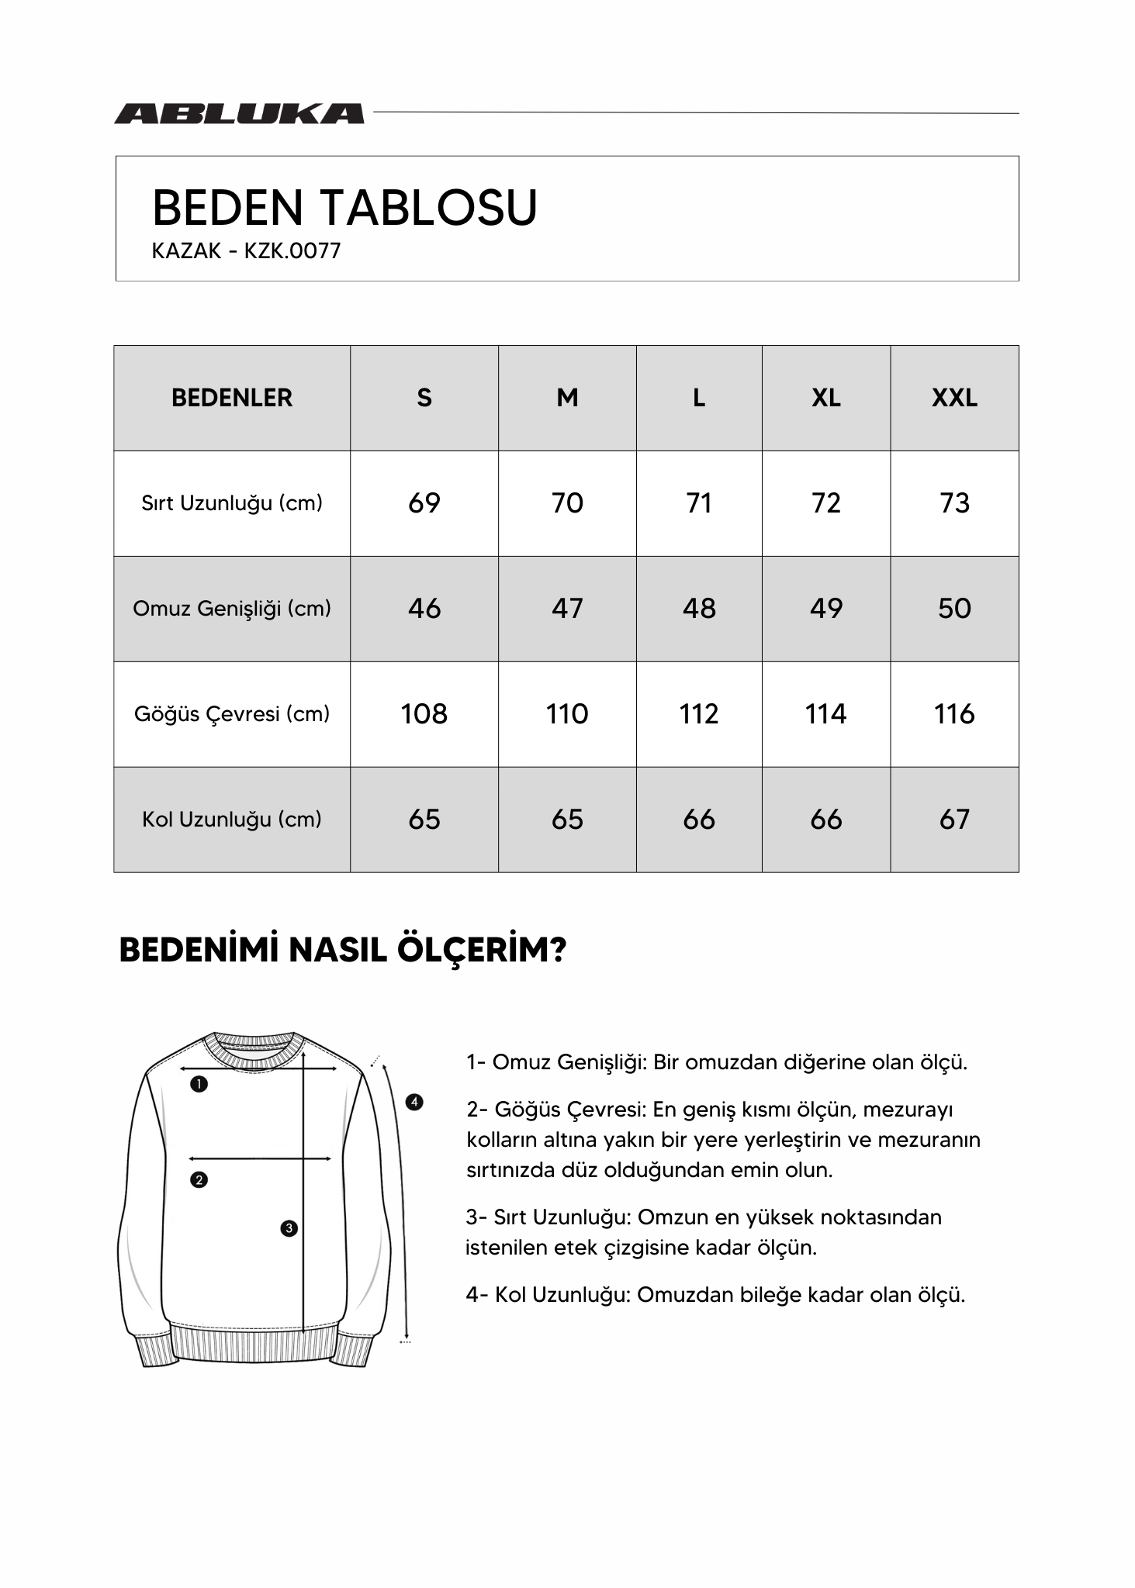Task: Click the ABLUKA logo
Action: coord(239,114)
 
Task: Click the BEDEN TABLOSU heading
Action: coord(344,208)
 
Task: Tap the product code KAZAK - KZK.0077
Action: coord(246,251)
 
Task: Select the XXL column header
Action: coord(953,398)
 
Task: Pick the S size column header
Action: coord(424,398)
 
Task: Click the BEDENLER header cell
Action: coord(232,398)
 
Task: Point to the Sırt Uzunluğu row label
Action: coord(232,503)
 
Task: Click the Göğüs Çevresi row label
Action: coord(232,713)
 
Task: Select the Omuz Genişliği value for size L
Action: coord(698,609)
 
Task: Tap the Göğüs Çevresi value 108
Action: coord(424,713)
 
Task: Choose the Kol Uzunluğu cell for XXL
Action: coord(953,819)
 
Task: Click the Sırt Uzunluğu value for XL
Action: coord(825,503)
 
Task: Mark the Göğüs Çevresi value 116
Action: coord(953,713)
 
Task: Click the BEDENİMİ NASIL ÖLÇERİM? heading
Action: coord(342,950)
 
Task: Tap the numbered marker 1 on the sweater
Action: coord(199,1084)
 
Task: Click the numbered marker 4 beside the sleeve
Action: coord(414,1102)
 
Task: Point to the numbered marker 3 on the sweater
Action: coord(289,1228)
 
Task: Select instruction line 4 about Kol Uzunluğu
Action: coord(715,1295)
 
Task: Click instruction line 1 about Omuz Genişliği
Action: coord(717,1062)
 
